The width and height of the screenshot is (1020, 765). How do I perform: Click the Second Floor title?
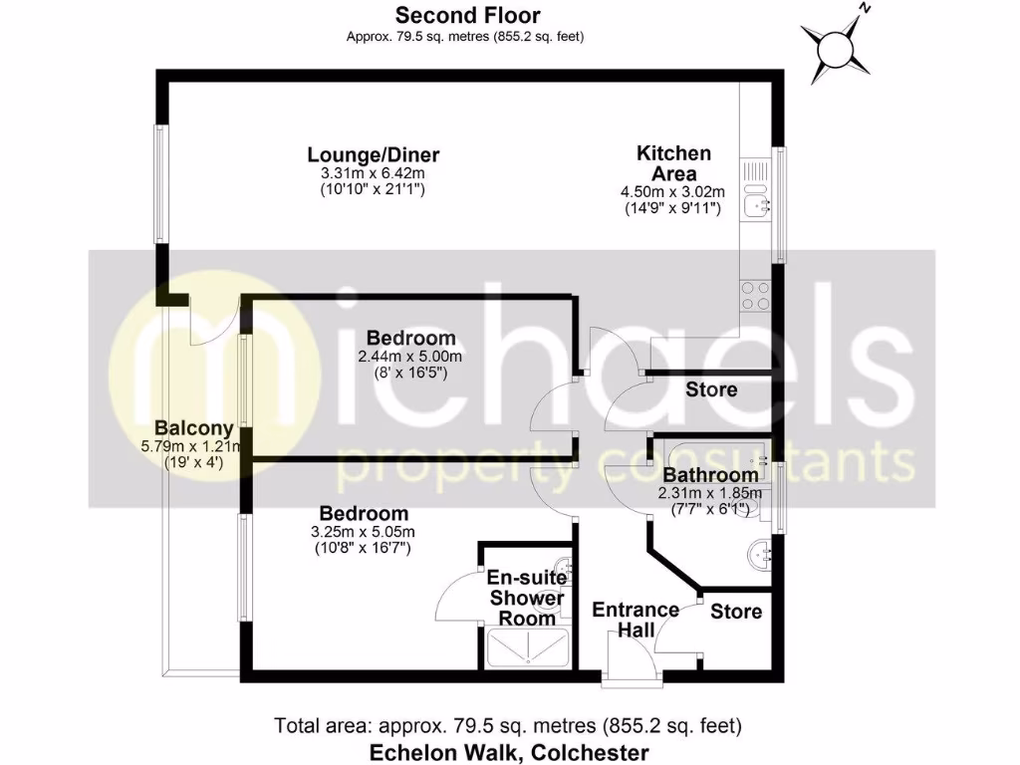coord(467,16)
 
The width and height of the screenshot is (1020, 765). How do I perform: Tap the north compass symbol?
coord(837,47)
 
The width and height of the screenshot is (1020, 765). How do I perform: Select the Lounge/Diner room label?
coord(373,155)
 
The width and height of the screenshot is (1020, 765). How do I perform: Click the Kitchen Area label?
coord(674,163)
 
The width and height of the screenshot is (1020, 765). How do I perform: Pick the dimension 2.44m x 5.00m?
coord(410,357)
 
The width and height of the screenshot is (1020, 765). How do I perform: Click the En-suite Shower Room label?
coord(526,598)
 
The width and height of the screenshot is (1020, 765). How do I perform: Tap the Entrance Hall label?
coord(635,620)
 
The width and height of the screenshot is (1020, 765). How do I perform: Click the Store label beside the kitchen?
coord(711,389)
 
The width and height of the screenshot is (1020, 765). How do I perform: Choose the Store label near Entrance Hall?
coord(736,612)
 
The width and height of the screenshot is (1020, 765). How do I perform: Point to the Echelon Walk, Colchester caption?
coord(509,752)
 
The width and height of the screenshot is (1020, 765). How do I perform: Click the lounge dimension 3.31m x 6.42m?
coord(373,173)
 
